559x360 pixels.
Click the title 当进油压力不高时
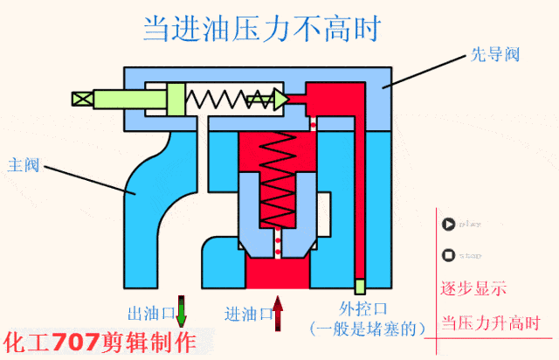point(262,29)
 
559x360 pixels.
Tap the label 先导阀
point(501,54)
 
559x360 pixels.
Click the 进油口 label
point(247,313)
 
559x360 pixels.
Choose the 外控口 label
point(362,308)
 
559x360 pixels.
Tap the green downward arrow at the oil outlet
point(182,312)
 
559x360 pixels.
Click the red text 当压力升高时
point(491,321)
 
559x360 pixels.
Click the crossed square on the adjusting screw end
point(80,98)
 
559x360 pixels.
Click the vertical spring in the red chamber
point(279,179)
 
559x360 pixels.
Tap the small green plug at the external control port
point(359,286)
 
